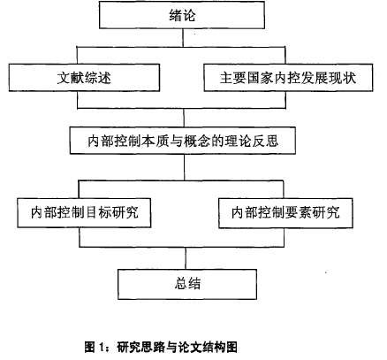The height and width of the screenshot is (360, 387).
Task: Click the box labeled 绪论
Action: click(x=182, y=15)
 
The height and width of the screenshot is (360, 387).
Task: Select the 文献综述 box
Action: click(x=84, y=78)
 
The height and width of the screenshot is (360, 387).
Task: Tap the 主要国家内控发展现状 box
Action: click(x=288, y=78)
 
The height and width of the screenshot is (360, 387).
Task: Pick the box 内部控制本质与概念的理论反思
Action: click(x=183, y=141)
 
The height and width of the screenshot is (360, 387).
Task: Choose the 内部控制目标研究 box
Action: click(x=84, y=212)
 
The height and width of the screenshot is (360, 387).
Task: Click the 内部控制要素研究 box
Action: click(x=285, y=213)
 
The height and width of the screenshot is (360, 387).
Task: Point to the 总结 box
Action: click(x=187, y=284)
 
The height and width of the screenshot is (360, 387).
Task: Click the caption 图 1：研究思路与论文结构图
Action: click(x=161, y=347)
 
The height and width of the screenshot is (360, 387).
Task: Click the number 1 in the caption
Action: click(x=102, y=348)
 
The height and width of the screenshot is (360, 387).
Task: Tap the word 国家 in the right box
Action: click(x=261, y=78)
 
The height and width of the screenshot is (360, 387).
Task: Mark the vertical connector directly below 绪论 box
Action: click(x=183, y=37)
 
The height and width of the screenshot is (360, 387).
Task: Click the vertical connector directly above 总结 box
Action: click(x=186, y=258)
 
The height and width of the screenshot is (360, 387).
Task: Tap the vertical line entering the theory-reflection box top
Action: click(x=184, y=118)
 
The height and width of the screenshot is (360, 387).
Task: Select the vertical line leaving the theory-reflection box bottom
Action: click(x=185, y=167)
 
